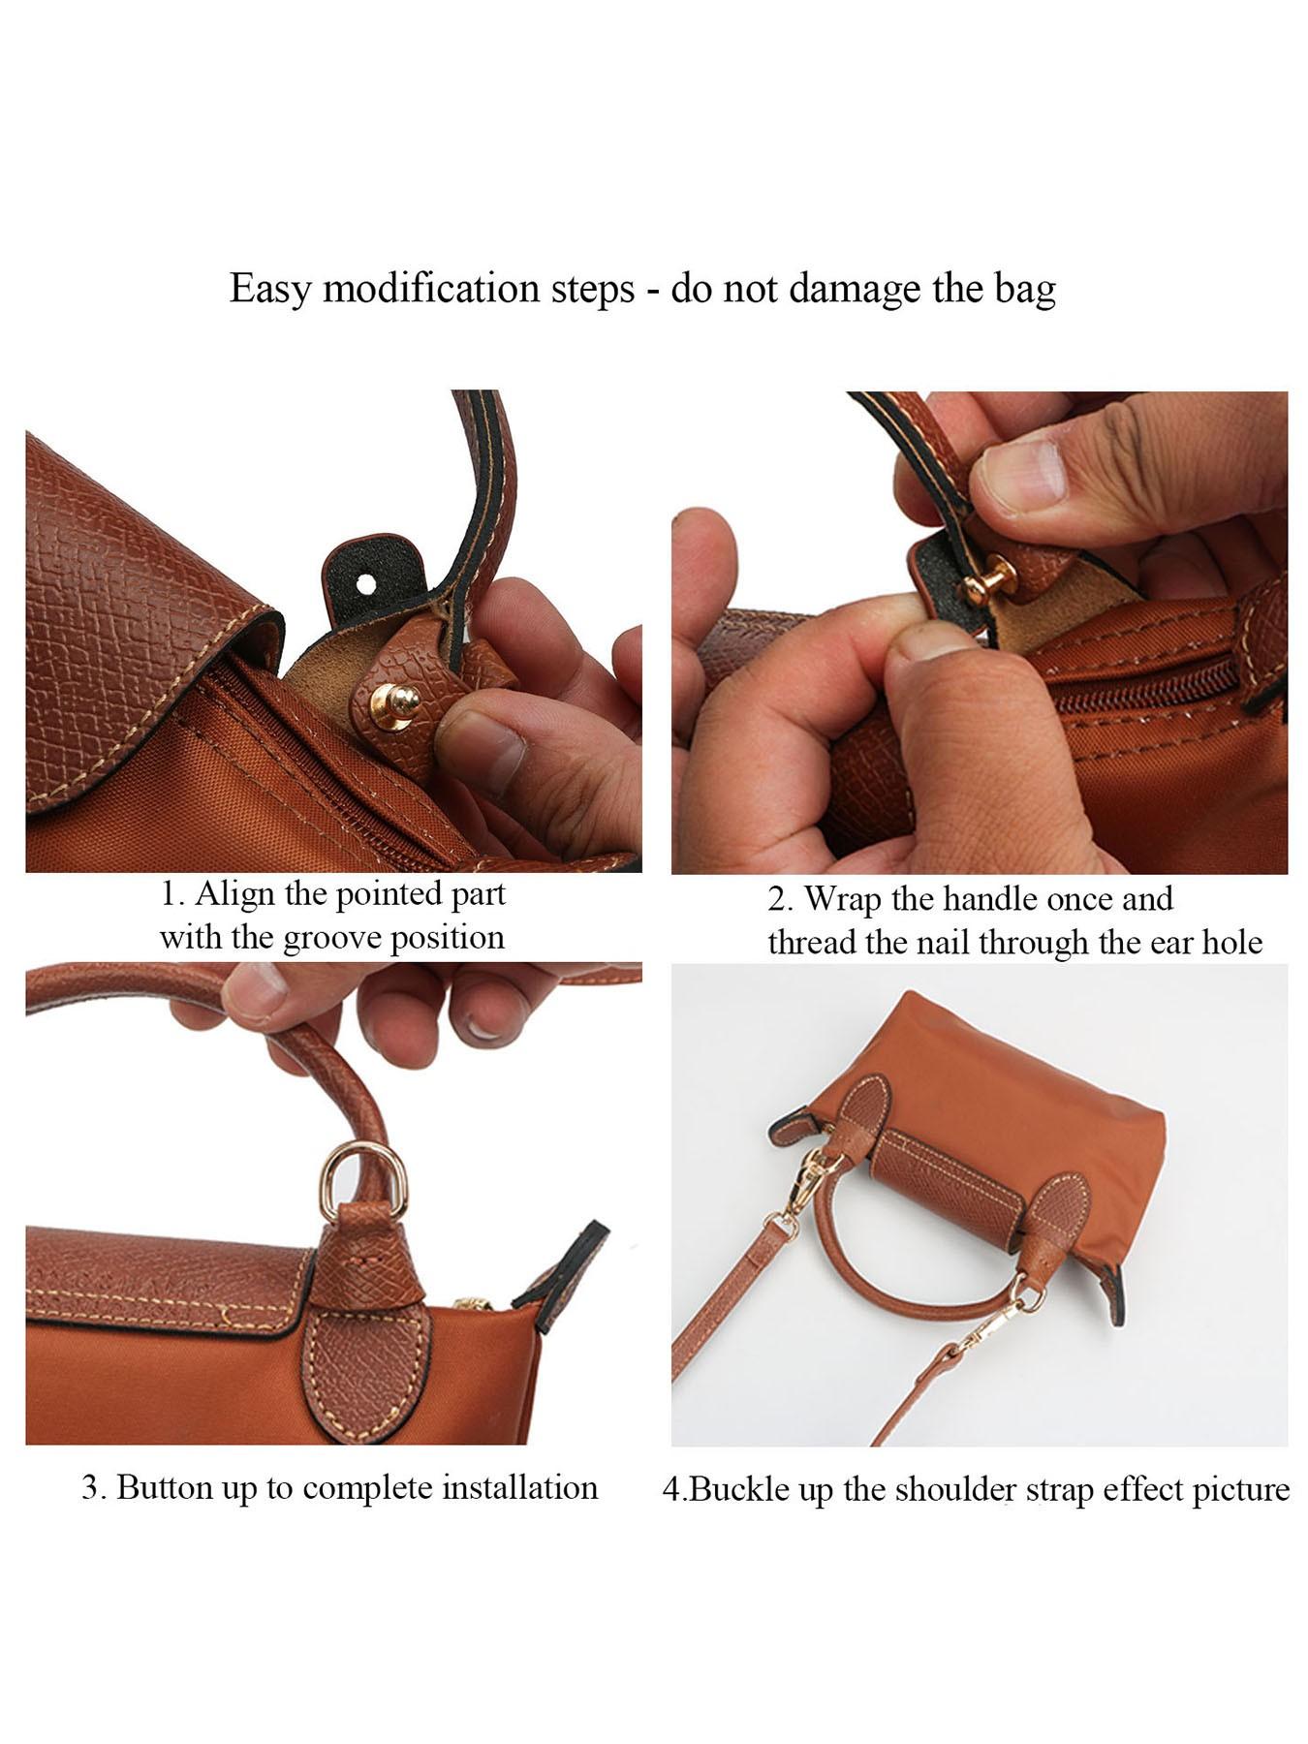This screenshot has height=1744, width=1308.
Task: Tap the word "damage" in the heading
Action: [x=856, y=290]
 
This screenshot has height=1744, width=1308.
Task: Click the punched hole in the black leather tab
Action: [x=366, y=583]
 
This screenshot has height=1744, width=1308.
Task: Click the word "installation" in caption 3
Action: [x=519, y=1487]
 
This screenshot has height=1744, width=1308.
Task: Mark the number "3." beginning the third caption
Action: [x=93, y=1487]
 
